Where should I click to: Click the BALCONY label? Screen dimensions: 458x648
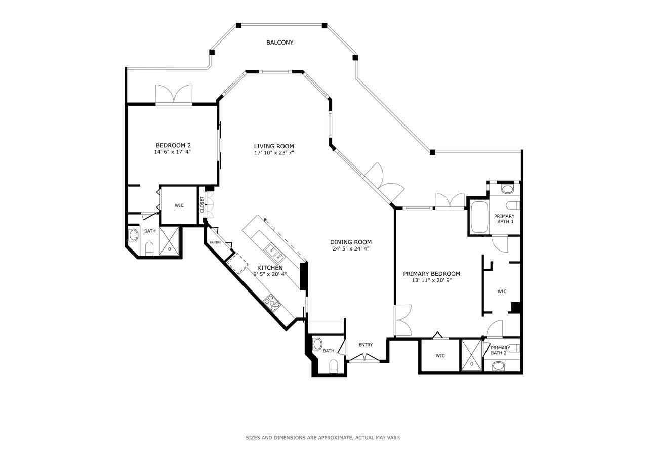(x=279, y=43)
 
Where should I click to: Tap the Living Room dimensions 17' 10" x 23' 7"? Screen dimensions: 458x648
(x=274, y=152)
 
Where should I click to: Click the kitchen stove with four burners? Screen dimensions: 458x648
(x=272, y=302)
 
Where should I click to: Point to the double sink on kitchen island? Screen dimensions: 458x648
(x=272, y=249)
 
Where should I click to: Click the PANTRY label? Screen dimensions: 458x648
(x=216, y=242)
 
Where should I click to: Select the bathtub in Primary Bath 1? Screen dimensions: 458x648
(x=478, y=218)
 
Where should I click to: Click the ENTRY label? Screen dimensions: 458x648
(x=366, y=345)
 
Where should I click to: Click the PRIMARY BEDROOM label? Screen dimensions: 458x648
(x=431, y=274)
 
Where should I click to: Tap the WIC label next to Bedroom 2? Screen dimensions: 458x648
(x=179, y=205)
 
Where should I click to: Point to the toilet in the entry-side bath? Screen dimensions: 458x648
(x=334, y=366)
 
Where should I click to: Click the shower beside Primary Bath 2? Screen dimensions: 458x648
(x=472, y=356)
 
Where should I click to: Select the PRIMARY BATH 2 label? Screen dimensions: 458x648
(x=500, y=350)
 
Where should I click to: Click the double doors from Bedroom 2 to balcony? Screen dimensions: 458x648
(x=174, y=95)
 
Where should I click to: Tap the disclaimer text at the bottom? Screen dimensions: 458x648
(x=323, y=437)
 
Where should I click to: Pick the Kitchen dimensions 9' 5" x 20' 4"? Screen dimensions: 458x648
(x=270, y=274)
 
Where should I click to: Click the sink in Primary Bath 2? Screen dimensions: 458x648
(x=499, y=366)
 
